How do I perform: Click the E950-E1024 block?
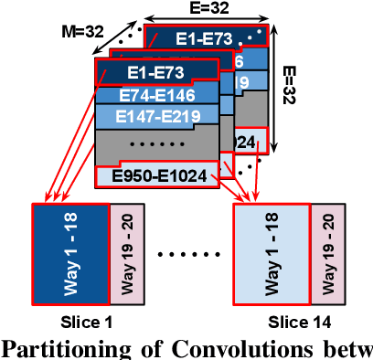tap(157, 175)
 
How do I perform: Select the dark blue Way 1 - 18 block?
tap(69, 249)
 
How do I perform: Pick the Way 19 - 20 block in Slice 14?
tap(325, 249)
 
